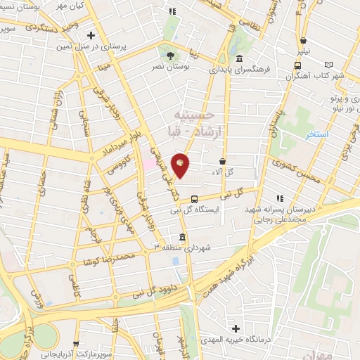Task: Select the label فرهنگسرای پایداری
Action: click(x=239, y=70)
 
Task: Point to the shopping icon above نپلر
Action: click(x=302, y=41)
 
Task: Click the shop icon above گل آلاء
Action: click(x=223, y=162)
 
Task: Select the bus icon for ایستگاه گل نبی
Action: click(x=205, y=198)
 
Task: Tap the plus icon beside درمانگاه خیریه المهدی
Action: click(x=235, y=328)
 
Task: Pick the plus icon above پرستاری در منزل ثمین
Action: click(x=91, y=34)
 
